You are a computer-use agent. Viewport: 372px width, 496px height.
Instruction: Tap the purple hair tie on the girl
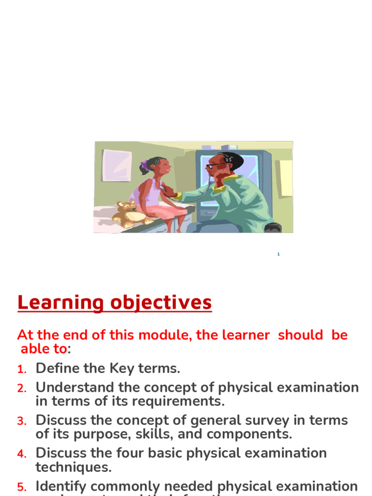click(144, 165)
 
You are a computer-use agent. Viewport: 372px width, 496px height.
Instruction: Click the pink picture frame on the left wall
click(117, 165)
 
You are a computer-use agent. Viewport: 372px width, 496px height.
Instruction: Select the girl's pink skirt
click(167, 209)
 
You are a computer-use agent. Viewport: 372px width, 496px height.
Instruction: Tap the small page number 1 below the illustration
click(279, 254)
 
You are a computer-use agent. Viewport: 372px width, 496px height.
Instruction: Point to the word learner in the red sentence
click(240, 335)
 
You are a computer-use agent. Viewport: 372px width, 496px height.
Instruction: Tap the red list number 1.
click(22, 370)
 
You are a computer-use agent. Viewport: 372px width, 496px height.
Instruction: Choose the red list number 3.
click(22, 421)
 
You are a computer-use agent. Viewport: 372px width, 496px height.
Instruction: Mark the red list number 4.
click(22, 454)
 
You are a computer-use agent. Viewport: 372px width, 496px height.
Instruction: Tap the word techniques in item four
click(73, 467)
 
